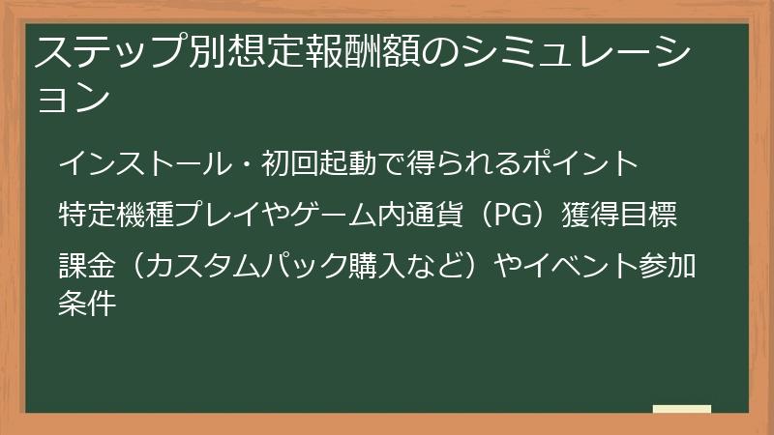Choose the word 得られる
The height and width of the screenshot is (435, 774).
(462, 162)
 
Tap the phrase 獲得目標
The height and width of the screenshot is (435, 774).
(618, 214)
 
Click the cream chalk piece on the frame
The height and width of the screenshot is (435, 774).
(681, 410)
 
